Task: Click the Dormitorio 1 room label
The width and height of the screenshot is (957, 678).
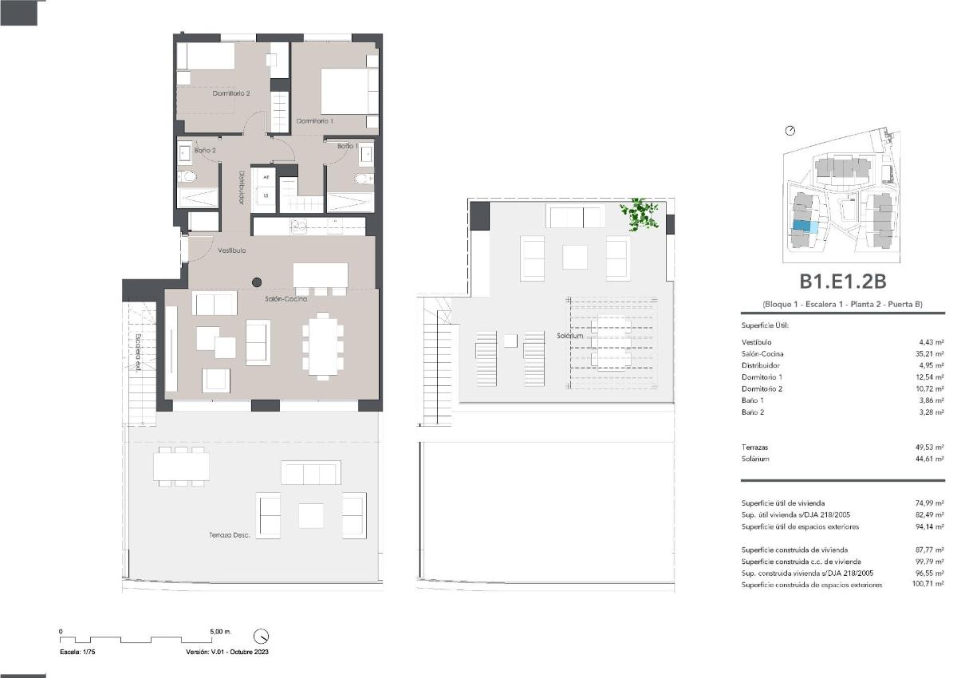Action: click(314, 121)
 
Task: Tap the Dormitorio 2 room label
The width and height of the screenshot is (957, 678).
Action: click(231, 93)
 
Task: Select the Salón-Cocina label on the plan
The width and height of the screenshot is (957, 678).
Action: click(286, 299)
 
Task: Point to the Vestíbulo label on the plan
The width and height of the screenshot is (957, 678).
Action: click(232, 250)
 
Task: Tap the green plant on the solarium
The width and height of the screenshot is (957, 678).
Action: click(641, 214)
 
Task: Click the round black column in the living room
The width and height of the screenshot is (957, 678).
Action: click(257, 282)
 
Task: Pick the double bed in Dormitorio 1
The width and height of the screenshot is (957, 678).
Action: click(349, 91)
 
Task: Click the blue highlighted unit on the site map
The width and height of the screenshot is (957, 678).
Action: click(805, 227)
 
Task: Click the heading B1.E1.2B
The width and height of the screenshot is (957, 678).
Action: click(843, 281)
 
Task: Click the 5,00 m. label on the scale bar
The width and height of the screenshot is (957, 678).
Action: click(220, 631)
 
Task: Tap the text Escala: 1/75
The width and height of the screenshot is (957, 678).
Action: click(77, 652)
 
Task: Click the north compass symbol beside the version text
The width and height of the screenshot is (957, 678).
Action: click(261, 637)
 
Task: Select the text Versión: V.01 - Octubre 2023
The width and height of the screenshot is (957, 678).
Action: click(226, 652)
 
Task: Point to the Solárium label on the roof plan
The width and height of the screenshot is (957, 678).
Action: click(571, 337)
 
